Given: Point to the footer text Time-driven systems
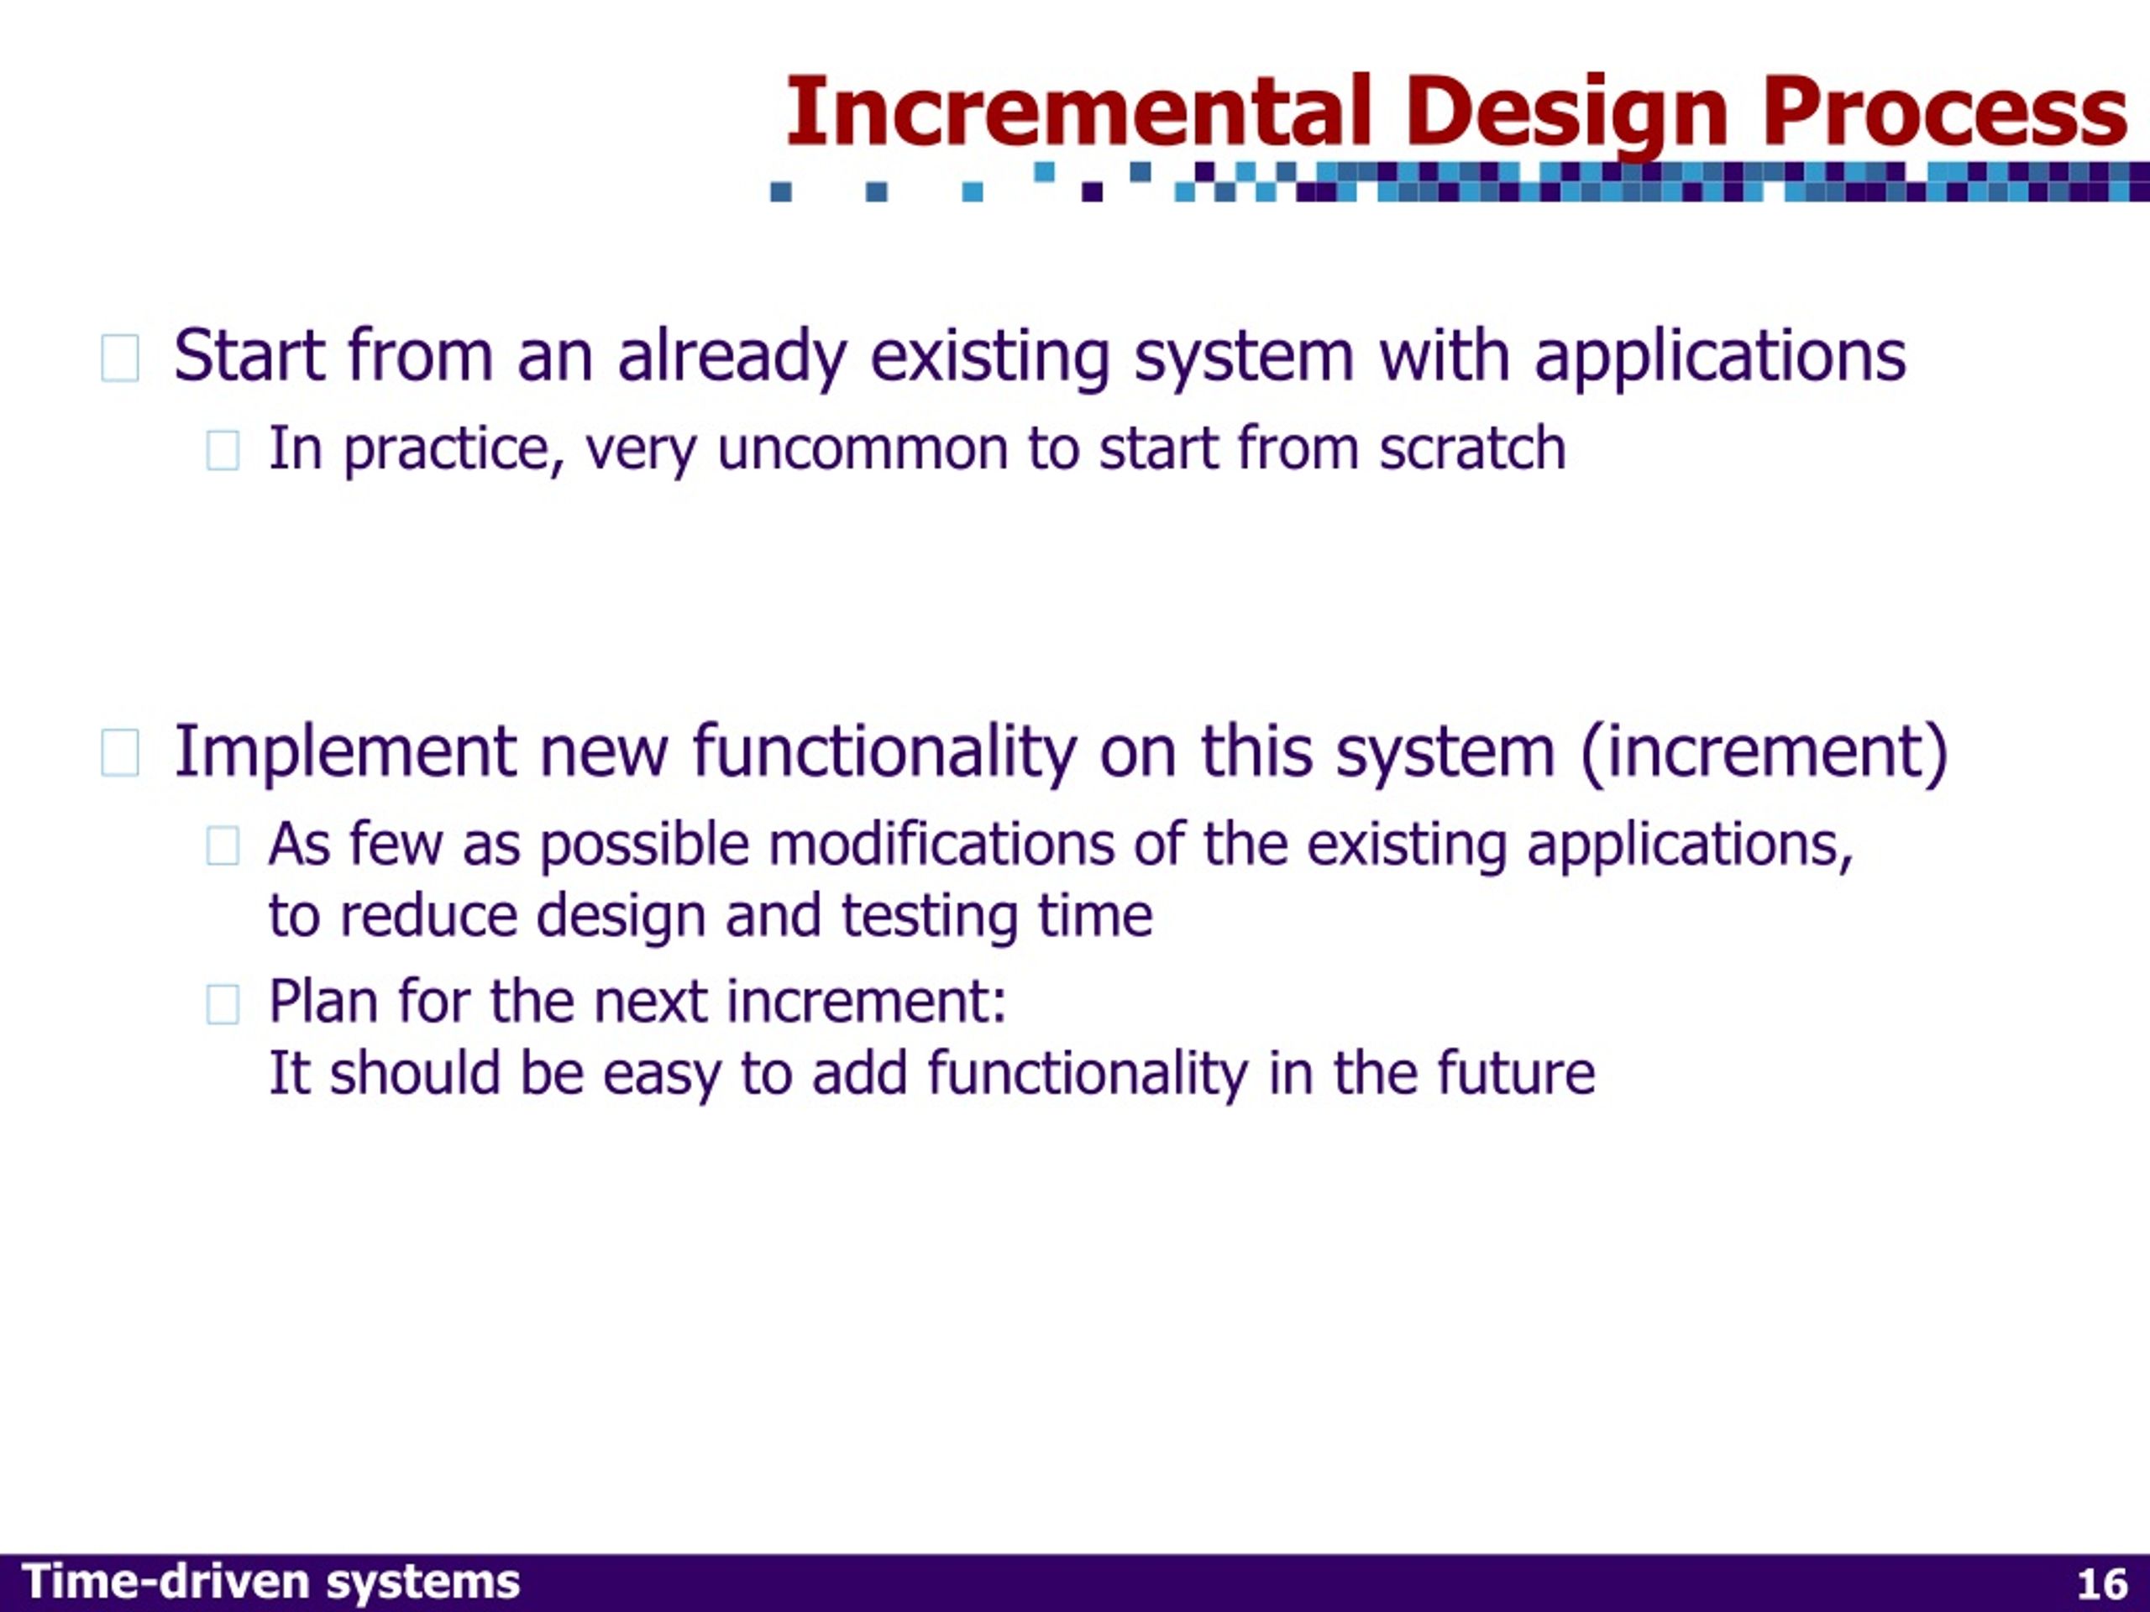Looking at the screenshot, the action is (270, 1583).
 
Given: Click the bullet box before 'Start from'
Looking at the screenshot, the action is (119, 358).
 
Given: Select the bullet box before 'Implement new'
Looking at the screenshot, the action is (119, 753).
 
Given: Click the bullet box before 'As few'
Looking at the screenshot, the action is (223, 845).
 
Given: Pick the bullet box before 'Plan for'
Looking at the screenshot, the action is (223, 1004).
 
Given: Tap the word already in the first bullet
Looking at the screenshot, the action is (732, 358).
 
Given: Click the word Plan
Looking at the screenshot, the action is (323, 1000).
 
